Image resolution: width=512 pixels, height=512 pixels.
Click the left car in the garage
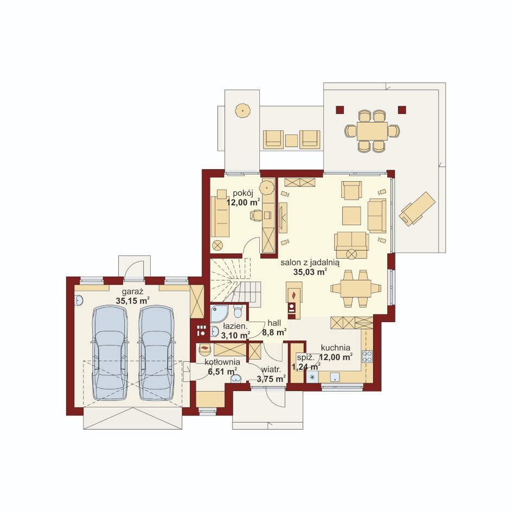[110, 353]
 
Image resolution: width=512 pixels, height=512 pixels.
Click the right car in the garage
[156, 353]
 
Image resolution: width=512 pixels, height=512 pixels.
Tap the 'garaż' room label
[132, 292]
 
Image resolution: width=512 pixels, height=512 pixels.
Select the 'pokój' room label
[243, 193]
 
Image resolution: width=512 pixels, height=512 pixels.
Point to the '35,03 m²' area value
[310, 272]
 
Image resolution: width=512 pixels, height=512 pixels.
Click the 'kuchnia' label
[335, 348]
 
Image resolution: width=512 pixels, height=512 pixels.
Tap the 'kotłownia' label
[222, 362]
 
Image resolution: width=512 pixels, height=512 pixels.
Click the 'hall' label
[274, 323]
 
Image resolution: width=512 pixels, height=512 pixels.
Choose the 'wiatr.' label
[271, 370]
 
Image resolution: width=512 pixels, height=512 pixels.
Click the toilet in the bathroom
[238, 311]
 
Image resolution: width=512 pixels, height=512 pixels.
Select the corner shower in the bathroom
[219, 313]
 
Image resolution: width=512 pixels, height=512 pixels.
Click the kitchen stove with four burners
[367, 356]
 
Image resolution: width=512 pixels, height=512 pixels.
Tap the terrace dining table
[372, 131]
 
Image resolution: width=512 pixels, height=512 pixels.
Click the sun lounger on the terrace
[417, 209]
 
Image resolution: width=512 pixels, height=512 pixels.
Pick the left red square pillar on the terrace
[340, 110]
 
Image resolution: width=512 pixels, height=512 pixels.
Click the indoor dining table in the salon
[356, 289]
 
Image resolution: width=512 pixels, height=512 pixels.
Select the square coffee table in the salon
[351, 215]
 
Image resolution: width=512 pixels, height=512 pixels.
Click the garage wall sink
[78, 300]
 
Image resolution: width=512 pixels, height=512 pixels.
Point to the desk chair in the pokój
[256, 215]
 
